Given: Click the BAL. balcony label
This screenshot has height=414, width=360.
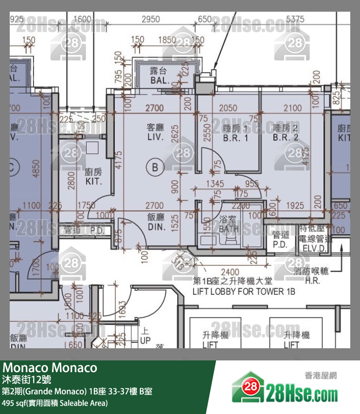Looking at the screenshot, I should click(x=160, y=80).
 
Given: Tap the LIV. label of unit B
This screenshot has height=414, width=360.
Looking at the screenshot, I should click(x=156, y=138).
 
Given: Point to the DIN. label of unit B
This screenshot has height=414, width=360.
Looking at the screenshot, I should click(x=157, y=227).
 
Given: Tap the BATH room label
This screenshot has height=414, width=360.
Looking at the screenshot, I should click(x=229, y=229).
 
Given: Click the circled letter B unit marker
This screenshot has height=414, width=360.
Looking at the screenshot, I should click(x=155, y=168).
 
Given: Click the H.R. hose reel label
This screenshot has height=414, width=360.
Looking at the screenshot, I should click(x=312, y=281).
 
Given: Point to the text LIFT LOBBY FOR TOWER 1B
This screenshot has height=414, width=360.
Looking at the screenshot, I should click(x=244, y=292).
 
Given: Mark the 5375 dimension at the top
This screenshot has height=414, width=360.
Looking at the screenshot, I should click(x=295, y=19).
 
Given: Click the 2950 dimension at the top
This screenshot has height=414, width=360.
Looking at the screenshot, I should click(x=150, y=19).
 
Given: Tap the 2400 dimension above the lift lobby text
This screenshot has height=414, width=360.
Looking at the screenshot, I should click(x=230, y=272).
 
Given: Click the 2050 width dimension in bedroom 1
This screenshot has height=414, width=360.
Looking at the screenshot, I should click(x=228, y=108).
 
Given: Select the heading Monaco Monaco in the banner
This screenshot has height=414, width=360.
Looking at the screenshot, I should click(x=50, y=368).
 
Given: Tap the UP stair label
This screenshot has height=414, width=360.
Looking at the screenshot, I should click(x=145, y=341).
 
